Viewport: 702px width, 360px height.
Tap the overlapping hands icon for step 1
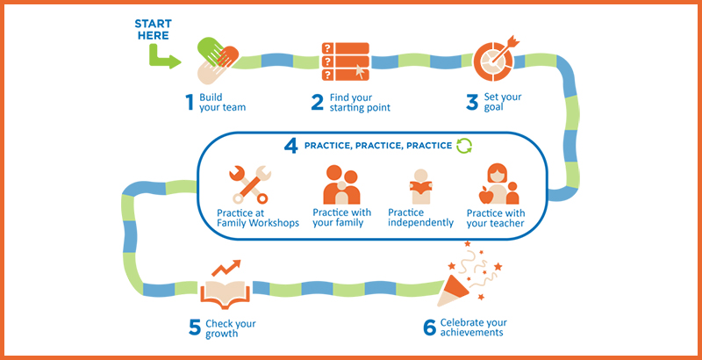tap(217, 61)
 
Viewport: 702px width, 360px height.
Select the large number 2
tap(317, 103)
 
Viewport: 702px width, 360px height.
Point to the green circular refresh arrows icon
tap(464, 146)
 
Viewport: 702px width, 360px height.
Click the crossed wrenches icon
tap(250, 184)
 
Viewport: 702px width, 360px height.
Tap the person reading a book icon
tap(420, 186)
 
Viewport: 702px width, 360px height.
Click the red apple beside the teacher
tap(485, 196)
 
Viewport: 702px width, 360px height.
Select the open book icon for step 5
tap(225, 294)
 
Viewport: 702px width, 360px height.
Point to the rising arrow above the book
tap(226, 268)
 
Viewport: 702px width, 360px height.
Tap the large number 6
tap(429, 328)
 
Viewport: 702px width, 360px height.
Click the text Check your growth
tap(231, 328)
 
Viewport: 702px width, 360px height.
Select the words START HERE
tap(153, 30)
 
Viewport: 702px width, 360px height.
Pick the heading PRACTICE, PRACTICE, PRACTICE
tap(378, 146)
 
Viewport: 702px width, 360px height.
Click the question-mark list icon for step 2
tap(346, 61)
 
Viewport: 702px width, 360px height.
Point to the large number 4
tap(291, 147)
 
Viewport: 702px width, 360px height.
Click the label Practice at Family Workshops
tap(258, 218)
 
